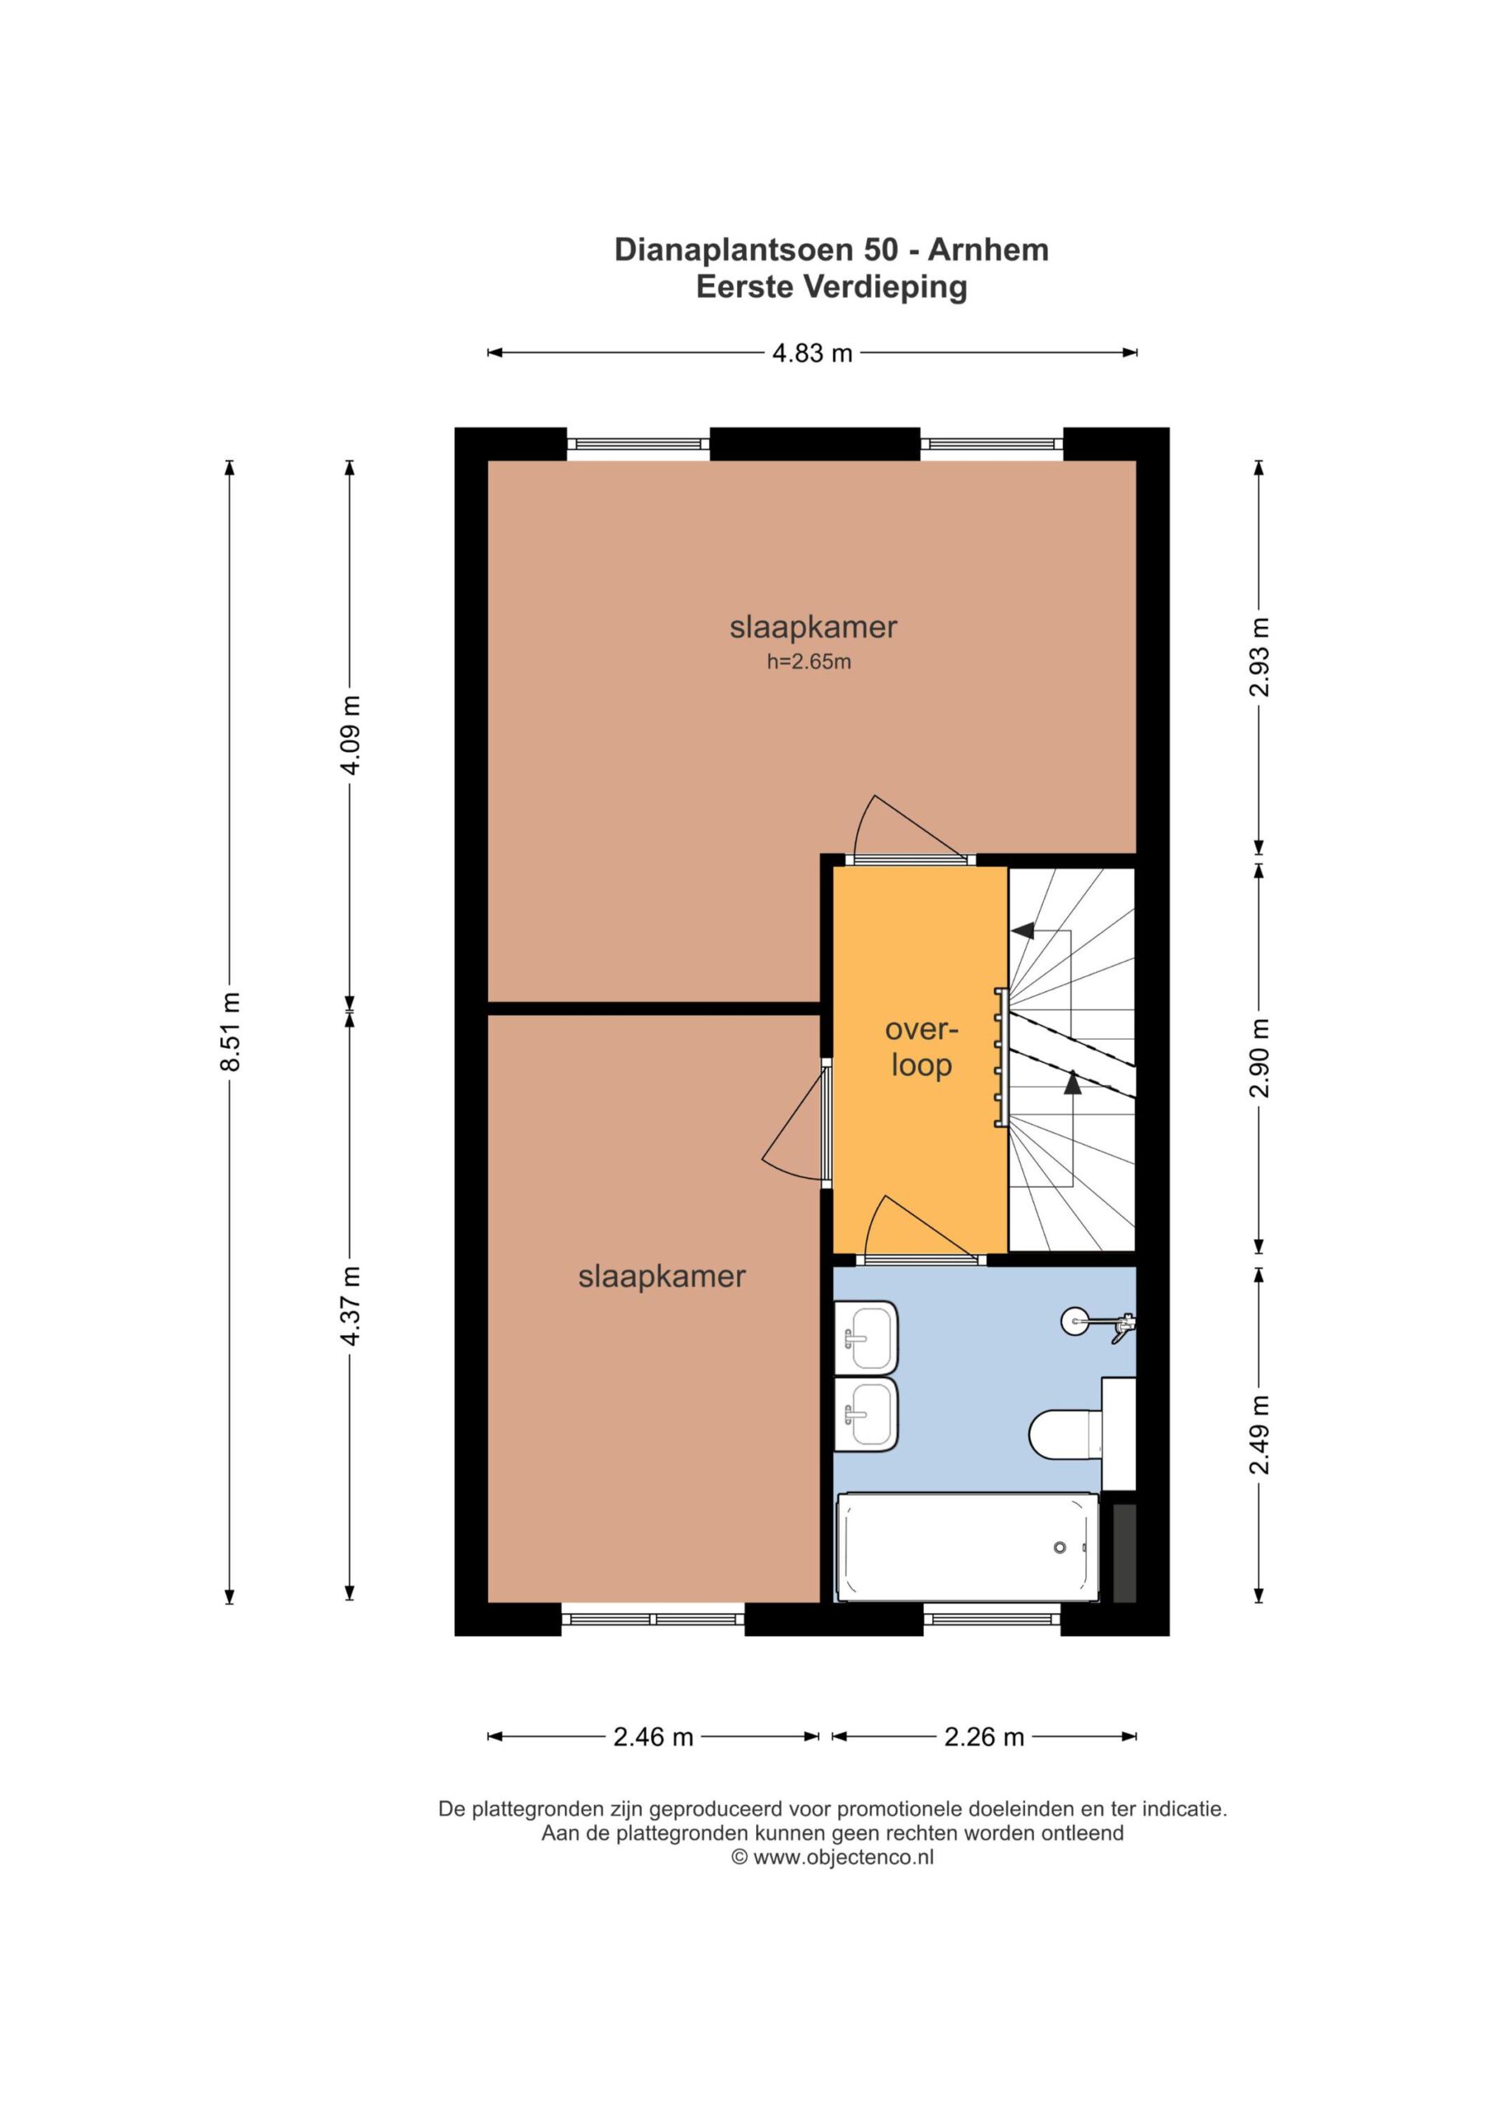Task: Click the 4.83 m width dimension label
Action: coord(812,352)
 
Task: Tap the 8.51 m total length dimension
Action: coord(230,1031)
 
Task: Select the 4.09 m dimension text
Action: coord(350,734)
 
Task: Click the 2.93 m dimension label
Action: coord(1259,656)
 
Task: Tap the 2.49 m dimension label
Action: coord(1259,1435)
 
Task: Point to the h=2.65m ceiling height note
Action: coord(809,661)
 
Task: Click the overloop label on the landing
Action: coord(921,1046)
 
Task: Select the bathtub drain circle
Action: coord(1060,1547)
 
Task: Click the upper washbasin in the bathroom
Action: coord(865,1337)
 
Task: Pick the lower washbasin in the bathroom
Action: coord(865,1413)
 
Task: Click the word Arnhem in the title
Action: coord(988,249)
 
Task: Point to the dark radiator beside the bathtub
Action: coord(1124,1553)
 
